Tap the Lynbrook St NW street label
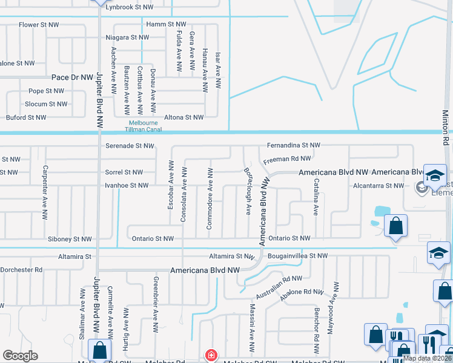pyautogui.click(x=129, y=7)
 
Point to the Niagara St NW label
pyautogui.click(x=127, y=38)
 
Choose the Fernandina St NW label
pyautogui.click(x=294, y=146)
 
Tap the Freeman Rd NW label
pyautogui.click(x=287, y=159)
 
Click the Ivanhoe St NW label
pyautogui.click(x=127, y=186)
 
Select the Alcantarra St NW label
pyautogui.click(x=378, y=186)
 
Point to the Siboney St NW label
pyautogui.click(x=70, y=240)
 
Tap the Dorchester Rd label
pyautogui.click(x=21, y=269)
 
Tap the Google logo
pyautogui.click(x=21, y=356)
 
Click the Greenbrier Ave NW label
pyautogui.click(x=156, y=299)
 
